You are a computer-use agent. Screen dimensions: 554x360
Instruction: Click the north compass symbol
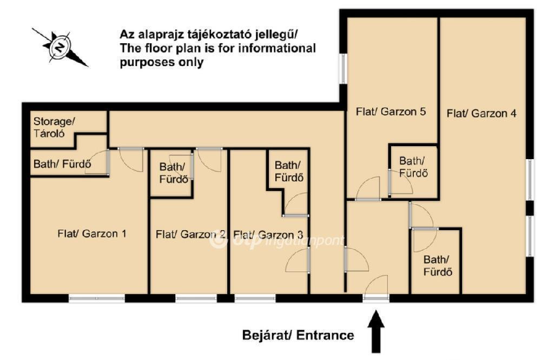(60, 47)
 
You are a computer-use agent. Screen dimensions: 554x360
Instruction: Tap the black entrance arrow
(376, 331)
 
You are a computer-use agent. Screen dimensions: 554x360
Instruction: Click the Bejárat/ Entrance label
(298, 335)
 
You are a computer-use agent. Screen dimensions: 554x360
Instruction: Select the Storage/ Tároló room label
(54, 127)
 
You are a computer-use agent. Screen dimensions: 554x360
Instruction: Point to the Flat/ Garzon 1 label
(92, 234)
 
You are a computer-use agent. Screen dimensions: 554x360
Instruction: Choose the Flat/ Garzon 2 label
(190, 234)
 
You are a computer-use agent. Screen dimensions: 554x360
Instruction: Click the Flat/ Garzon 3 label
(268, 234)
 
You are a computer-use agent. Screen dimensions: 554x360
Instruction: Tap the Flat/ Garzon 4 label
(482, 114)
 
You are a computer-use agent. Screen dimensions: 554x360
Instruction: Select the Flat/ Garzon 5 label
(391, 112)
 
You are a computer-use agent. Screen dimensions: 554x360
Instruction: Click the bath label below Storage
(62, 163)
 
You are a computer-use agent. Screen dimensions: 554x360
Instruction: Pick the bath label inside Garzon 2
(174, 173)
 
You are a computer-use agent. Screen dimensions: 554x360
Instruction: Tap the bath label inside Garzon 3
(289, 171)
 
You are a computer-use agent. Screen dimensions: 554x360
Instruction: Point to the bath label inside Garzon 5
(413, 167)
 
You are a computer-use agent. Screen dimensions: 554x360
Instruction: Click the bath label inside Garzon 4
(438, 266)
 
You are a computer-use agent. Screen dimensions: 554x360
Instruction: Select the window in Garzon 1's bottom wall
(97, 299)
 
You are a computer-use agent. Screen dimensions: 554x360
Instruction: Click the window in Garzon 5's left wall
(343, 69)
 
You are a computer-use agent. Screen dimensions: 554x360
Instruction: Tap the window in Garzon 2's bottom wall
(196, 299)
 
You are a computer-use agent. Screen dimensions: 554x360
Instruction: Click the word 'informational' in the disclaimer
(277, 48)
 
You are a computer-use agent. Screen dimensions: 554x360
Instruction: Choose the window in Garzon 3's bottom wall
(255, 299)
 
